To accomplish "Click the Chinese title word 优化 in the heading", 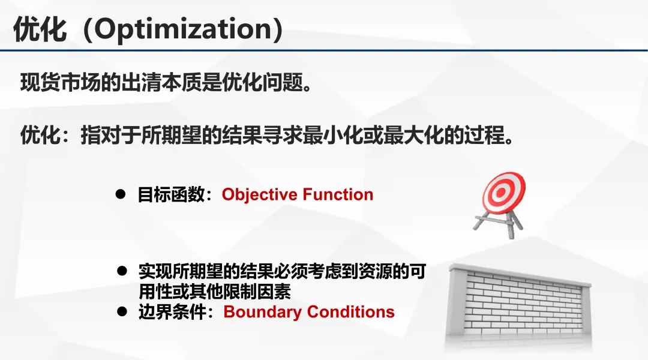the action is (40, 29).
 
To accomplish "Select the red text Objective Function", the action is (298, 194).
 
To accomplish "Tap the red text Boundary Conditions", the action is (309, 311).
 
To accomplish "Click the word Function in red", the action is (338, 194).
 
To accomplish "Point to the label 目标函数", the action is (171, 194).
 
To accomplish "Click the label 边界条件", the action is (172, 312).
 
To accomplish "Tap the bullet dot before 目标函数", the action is (120, 194).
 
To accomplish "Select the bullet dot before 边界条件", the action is (122, 311).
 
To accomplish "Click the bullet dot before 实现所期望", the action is (122, 271).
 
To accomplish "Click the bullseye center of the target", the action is (501, 192).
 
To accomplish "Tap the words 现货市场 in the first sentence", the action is (61, 82).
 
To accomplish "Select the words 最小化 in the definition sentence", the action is (333, 135).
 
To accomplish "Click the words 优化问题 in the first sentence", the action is (263, 82).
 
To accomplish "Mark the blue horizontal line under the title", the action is (324, 50).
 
